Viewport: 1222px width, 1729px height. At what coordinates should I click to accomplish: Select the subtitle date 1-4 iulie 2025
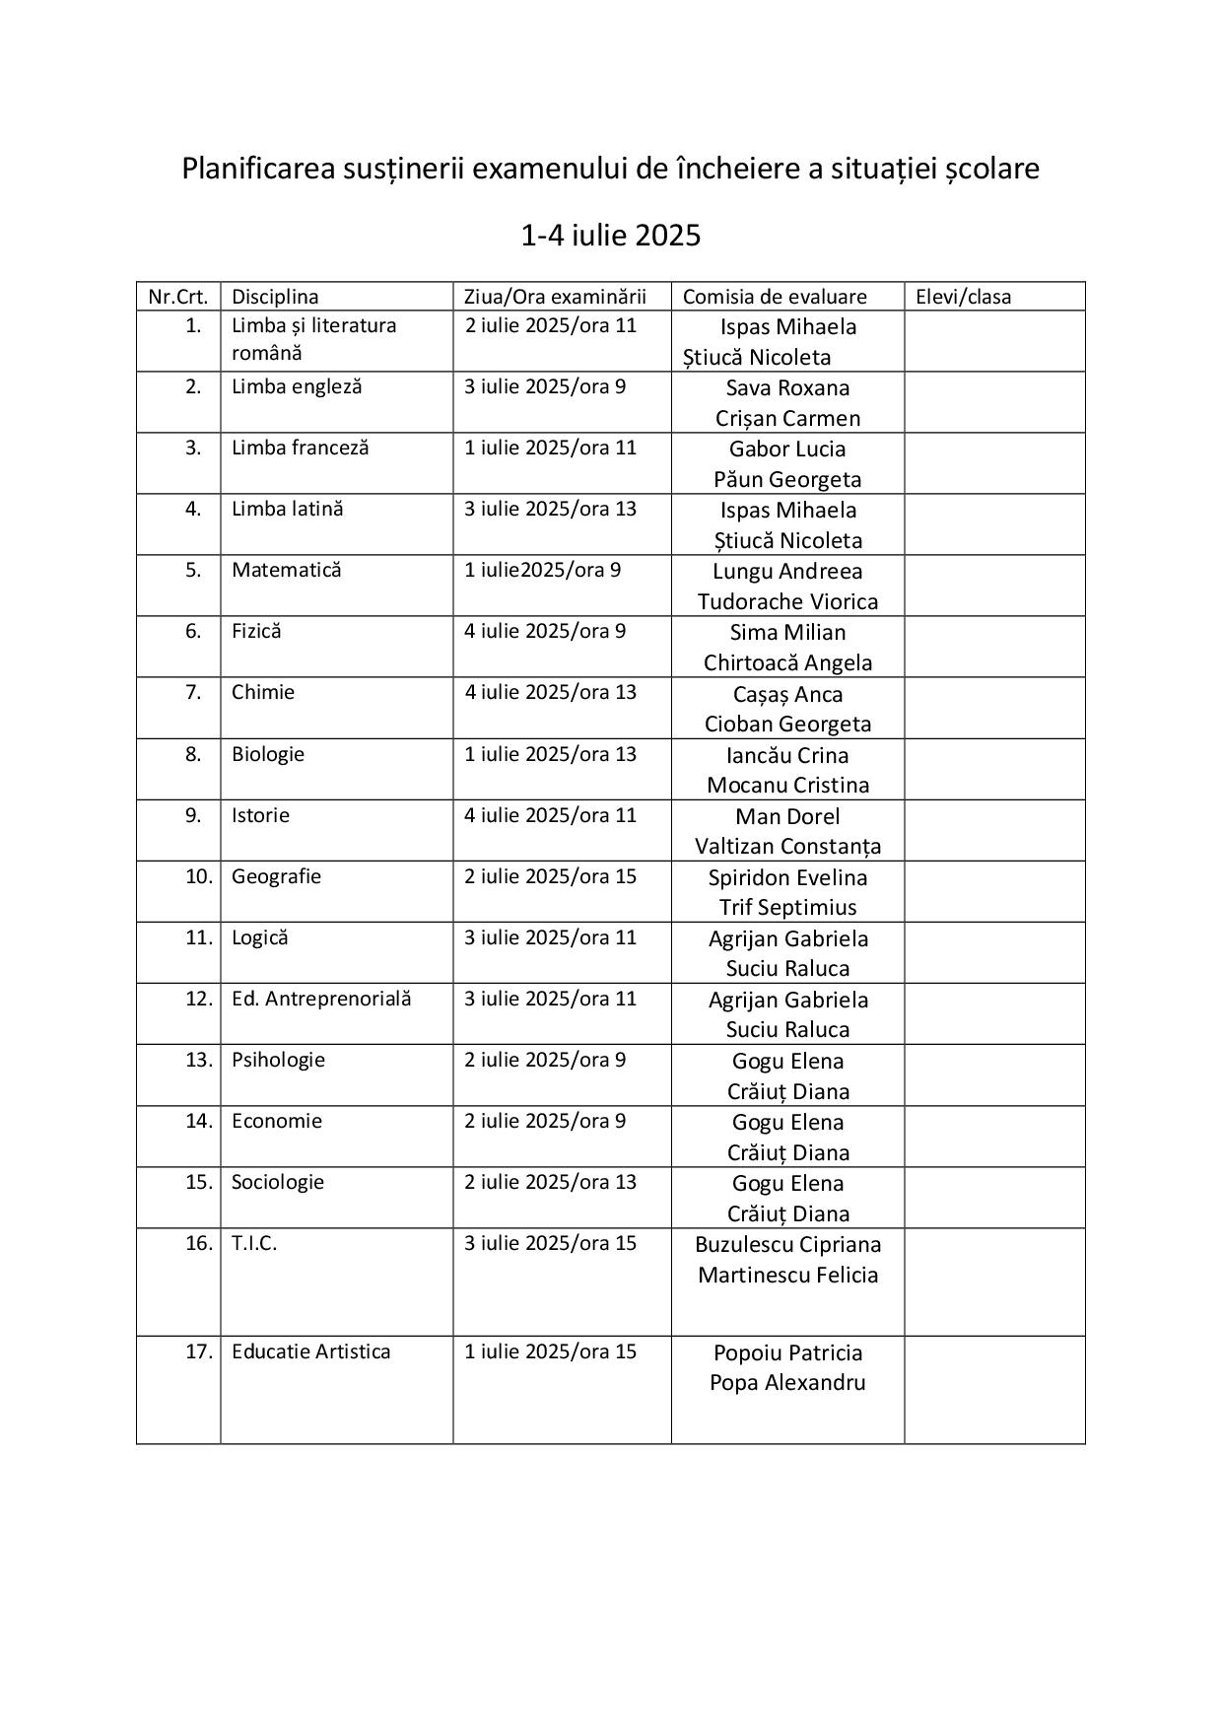click(610, 236)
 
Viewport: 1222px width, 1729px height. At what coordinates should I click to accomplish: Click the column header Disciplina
click(275, 297)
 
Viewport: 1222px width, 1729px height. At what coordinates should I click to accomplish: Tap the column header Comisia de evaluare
click(775, 297)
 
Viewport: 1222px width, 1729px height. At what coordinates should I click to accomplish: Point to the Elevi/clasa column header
click(963, 297)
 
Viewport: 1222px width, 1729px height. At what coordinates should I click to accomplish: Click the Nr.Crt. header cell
click(178, 297)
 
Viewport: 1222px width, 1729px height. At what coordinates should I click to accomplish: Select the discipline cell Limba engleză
click(297, 386)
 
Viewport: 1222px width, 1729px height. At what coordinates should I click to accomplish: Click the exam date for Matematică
click(543, 570)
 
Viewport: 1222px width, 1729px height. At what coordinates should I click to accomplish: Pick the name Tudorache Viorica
click(787, 601)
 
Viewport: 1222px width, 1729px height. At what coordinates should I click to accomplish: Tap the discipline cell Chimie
click(263, 692)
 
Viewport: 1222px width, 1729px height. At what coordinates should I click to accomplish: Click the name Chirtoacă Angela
click(787, 662)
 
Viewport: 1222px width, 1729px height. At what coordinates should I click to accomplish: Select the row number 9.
click(193, 815)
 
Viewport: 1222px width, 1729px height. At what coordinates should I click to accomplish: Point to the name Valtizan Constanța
click(787, 846)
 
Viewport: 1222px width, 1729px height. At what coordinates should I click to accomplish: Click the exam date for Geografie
click(551, 876)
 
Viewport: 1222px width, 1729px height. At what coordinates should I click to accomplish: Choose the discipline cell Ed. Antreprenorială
click(321, 999)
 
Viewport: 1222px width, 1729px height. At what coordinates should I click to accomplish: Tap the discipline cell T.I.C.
click(254, 1243)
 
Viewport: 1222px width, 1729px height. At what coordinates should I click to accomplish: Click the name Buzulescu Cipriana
click(787, 1244)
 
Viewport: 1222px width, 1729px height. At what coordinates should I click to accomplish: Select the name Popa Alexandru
click(787, 1382)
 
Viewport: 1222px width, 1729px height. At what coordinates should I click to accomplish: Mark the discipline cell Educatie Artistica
click(310, 1351)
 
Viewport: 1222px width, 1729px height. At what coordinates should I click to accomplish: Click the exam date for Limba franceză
click(551, 448)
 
